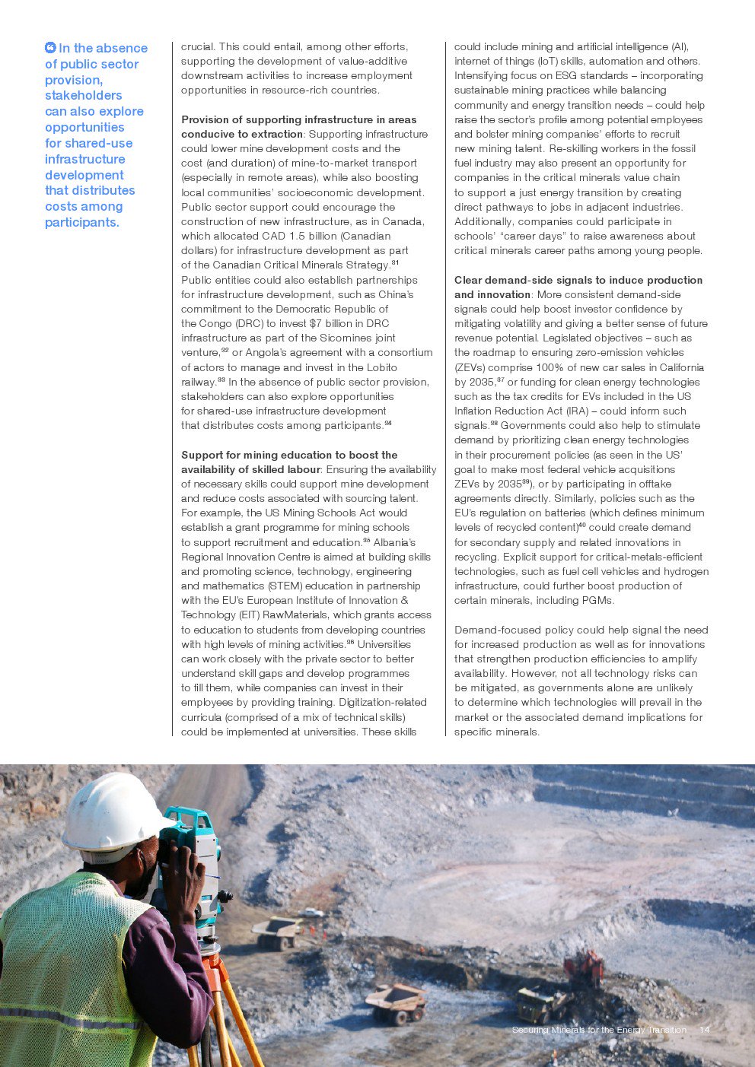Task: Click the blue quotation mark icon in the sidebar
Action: click(50, 48)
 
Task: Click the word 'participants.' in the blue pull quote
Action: click(82, 222)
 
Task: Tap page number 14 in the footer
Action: click(704, 1030)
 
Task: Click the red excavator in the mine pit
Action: click(584, 969)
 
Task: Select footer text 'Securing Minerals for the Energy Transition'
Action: click(599, 1030)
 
